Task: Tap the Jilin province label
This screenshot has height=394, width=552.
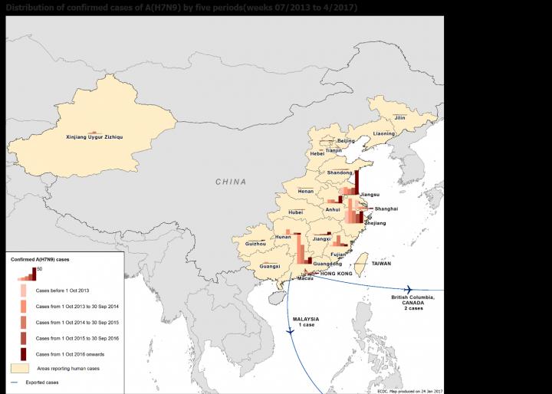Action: click(x=399, y=118)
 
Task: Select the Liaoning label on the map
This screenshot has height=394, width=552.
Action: click(x=384, y=133)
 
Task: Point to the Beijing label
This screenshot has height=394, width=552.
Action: click(x=347, y=141)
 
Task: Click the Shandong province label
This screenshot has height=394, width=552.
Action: click(x=340, y=172)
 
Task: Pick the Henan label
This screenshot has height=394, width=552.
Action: click(x=306, y=191)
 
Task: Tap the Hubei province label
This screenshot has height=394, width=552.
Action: click(x=296, y=212)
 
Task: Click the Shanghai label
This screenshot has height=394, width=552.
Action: click(x=386, y=208)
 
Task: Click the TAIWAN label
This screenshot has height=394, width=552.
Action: click(x=381, y=264)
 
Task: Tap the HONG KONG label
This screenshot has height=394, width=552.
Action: click(x=336, y=274)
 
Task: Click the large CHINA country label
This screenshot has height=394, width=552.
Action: click(x=230, y=182)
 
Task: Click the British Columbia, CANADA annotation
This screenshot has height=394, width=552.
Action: click(x=417, y=301)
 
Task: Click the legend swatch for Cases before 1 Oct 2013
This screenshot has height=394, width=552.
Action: click(x=23, y=291)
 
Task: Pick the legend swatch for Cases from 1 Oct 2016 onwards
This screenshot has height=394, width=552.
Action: click(x=23, y=353)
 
